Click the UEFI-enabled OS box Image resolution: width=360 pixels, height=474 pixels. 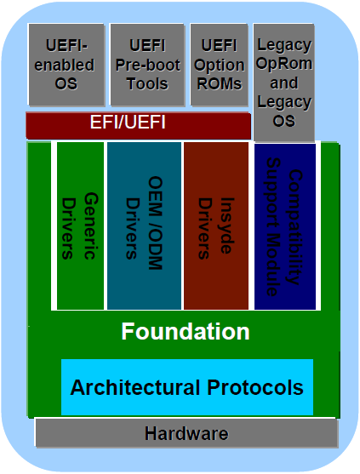(66, 65)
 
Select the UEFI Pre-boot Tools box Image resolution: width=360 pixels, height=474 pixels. (147, 65)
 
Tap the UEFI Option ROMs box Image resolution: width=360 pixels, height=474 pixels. (219, 65)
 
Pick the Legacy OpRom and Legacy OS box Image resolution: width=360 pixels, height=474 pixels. (283, 83)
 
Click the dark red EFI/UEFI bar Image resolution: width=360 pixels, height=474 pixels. (138, 125)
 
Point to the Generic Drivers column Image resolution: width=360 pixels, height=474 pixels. (80, 226)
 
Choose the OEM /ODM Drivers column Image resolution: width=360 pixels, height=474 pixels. (144, 226)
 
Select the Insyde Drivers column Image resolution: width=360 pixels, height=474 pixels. (216, 226)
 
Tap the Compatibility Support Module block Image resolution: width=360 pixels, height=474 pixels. (285, 226)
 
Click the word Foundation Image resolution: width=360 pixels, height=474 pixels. (186, 332)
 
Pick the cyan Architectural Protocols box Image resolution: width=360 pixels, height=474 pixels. (187, 387)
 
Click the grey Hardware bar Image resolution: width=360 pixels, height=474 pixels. (186, 433)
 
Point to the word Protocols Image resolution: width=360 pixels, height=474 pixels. (255, 387)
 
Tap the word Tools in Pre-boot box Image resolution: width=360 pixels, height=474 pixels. (147, 83)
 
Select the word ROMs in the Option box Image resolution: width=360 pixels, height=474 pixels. (219, 83)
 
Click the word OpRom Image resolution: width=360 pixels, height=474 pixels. (283, 63)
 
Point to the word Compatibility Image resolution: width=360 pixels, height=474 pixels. (295, 227)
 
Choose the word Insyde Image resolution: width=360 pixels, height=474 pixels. (226, 226)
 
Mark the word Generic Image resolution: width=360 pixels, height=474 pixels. (91, 226)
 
